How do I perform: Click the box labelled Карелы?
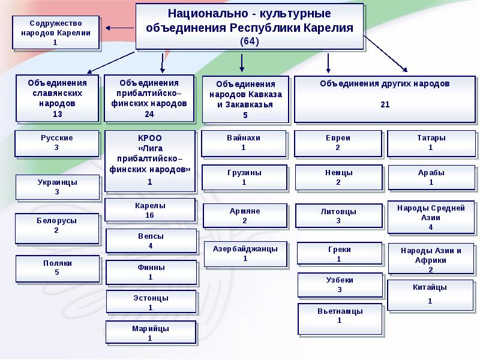[150, 210]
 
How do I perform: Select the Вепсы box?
[151, 241]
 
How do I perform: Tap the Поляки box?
[58, 268]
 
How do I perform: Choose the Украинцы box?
[57, 187]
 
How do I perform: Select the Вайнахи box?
[244, 143]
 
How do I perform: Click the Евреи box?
[338, 143]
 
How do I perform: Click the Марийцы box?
[150, 333]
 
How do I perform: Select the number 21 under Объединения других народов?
[385, 105]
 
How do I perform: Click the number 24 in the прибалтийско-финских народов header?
[149, 113]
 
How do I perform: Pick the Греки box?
[339, 254]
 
